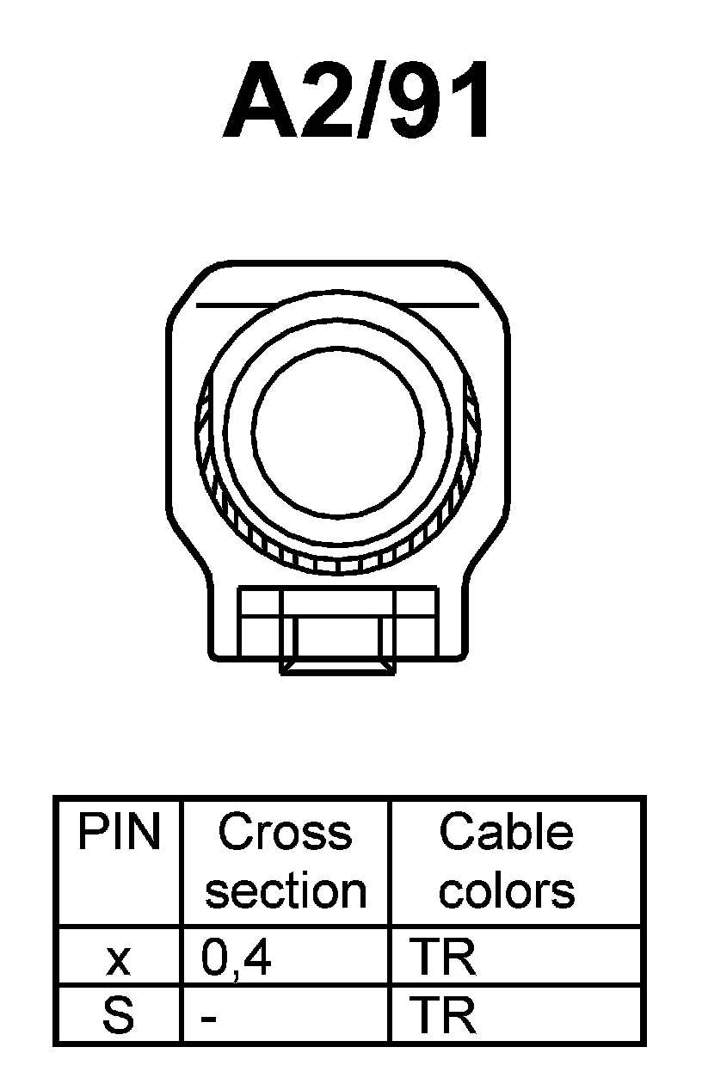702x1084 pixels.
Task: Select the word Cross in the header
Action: click(x=285, y=833)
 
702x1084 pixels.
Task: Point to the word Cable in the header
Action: click(x=506, y=833)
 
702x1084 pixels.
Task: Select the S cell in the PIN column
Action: click(x=119, y=1016)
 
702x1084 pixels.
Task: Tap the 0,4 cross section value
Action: click(x=237, y=958)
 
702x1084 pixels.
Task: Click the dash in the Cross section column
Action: click(x=209, y=1019)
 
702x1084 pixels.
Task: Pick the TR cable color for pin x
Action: click(x=443, y=958)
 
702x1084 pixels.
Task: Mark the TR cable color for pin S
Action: click(x=443, y=1016)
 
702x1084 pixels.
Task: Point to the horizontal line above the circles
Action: click(x=337, y=305)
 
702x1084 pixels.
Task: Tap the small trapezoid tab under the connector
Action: click(x=337, y=668)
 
